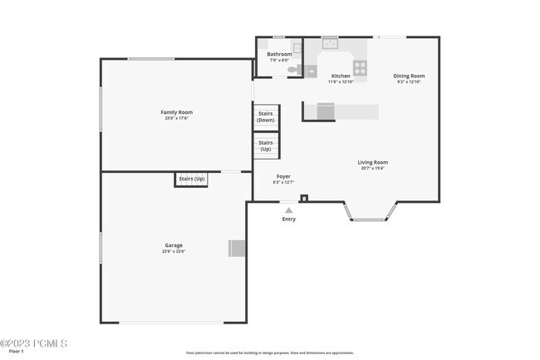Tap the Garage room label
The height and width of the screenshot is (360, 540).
point(174,245)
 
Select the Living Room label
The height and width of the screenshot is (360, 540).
point(372,162)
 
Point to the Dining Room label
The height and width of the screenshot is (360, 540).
point(409,76)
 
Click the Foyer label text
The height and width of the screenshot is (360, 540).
point(283,176)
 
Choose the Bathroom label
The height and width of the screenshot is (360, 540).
point(279,54)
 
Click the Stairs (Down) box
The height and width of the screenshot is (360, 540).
point(265,116)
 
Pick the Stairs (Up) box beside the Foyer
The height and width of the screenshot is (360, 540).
point(265,145)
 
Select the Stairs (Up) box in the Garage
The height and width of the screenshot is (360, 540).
point(191,179)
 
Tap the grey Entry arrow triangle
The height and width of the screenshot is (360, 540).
point(288,210)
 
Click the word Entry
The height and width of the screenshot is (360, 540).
point(288,219)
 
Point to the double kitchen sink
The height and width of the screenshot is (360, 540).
point(330,42)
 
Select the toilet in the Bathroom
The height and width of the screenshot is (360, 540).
point(293,71)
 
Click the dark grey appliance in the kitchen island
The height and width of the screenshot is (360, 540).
point(324,111)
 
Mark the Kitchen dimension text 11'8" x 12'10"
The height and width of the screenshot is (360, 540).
point(341,81)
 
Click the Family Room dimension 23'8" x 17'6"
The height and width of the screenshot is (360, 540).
point(176,118)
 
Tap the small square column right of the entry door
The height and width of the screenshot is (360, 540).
point(304,198)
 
